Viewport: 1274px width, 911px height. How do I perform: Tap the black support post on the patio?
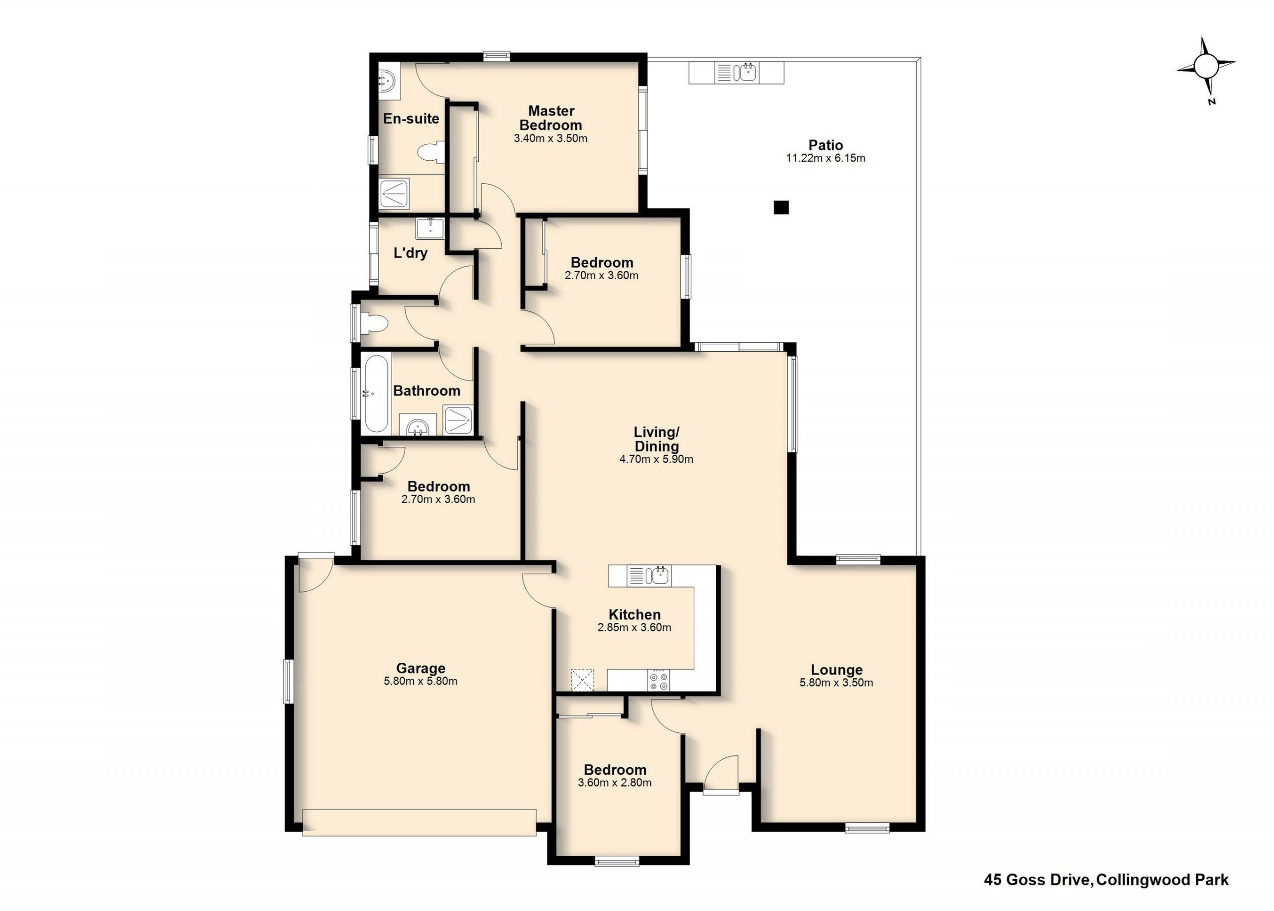[x=781, y=207]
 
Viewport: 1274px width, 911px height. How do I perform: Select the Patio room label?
[x=825, y=145]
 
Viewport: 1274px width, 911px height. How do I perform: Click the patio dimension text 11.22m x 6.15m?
[x=825, y=158]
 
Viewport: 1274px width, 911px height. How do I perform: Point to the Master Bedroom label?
[x=550, y=118]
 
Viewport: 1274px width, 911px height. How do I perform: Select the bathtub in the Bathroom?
[x=376, y=393]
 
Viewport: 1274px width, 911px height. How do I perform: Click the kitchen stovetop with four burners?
[x=658, y=681]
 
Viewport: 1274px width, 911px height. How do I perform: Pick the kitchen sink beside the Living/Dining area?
[x=658, y=576]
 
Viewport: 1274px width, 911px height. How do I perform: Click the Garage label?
[x=420, y=668]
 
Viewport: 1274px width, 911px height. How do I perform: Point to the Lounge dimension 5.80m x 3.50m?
[x=836, y=683]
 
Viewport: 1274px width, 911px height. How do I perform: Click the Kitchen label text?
[x=635, y=614]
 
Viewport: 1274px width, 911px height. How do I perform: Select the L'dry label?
[x=411, y=253]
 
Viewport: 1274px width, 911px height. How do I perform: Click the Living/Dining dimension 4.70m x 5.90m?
[x=656, y=459]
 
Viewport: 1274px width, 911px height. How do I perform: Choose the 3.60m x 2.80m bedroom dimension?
[x=614, y=783]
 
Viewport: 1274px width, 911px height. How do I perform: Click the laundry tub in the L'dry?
[x=429, y=229]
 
